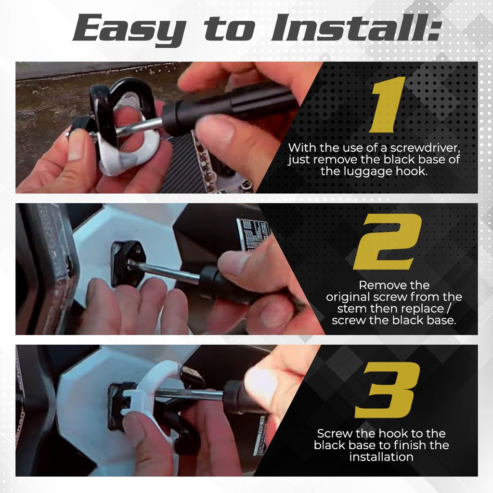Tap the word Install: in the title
pos(355,29)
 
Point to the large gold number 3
pos(388,390)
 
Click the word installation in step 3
pos(381,457)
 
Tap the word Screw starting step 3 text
pos(333,433)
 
